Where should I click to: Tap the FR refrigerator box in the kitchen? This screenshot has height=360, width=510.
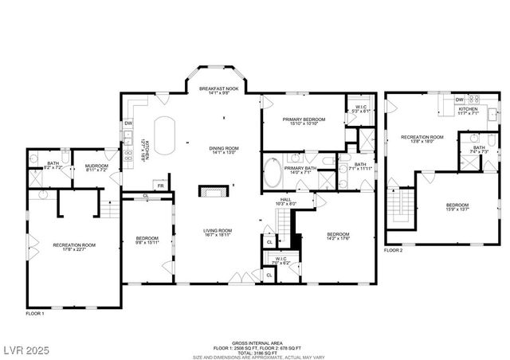160,186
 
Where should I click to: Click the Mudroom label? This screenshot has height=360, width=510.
96,167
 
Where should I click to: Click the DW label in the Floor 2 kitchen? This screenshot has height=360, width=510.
460,100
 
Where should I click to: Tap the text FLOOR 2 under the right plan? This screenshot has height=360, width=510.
394,250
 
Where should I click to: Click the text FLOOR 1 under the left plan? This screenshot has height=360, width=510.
34,314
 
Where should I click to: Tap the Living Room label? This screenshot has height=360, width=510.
218,232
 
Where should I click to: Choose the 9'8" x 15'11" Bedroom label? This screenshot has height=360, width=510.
147,241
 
